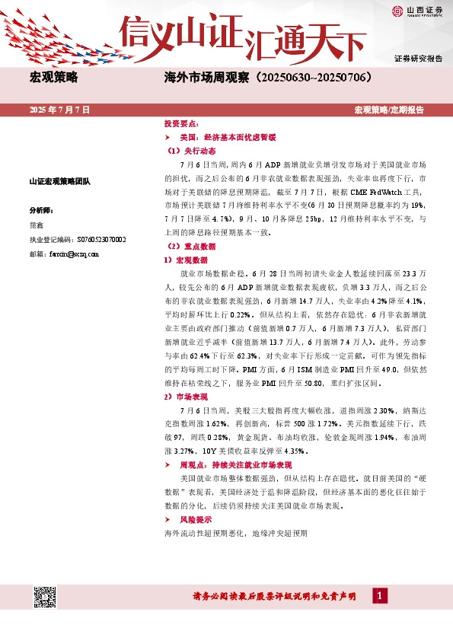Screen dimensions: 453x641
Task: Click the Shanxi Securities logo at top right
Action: point(416,11)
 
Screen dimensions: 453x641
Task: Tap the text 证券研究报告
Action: point(418,59)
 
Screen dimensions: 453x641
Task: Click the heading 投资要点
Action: point(181,123)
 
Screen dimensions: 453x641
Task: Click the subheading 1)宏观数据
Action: point(186,260)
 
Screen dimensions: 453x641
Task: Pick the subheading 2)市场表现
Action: point(186,397)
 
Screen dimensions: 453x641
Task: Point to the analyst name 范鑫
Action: point(36,225)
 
